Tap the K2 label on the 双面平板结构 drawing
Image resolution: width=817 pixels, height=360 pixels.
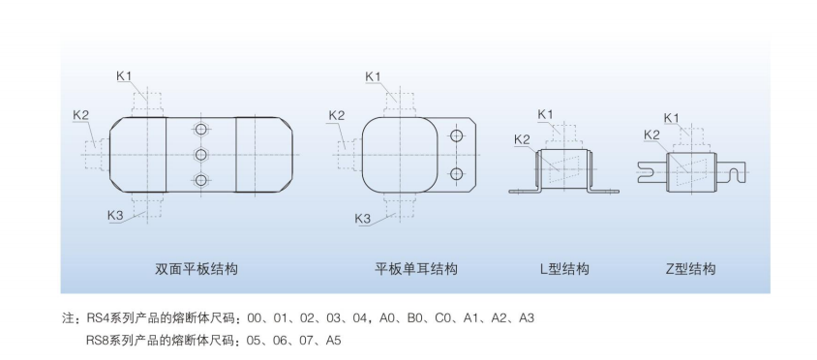[x=81, y=115]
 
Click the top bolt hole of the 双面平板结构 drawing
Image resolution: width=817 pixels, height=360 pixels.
[x=200, y=130]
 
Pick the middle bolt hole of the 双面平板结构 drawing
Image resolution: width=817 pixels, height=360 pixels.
[x=200, y=155]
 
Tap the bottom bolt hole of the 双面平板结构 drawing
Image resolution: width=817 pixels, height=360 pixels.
[x=200, y=180]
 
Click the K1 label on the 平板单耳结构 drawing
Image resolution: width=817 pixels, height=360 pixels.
[x=374, y=76]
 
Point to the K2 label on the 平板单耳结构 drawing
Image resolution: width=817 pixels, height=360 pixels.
[x=336, y=115]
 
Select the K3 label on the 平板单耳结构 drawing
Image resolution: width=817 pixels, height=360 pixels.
[x=363, y=219]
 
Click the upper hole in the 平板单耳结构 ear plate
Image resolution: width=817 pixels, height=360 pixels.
[x=455, y=136]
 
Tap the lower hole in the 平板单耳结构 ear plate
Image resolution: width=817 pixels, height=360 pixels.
[x=455, y=174]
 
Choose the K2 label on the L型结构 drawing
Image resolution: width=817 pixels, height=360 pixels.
[x=522, y=140]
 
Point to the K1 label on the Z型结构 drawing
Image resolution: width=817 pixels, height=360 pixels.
[x=671, y=118]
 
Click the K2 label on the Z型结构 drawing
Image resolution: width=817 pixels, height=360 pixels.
[x=651, y=135]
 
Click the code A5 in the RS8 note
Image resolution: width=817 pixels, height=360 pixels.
[x=334, y=341]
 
